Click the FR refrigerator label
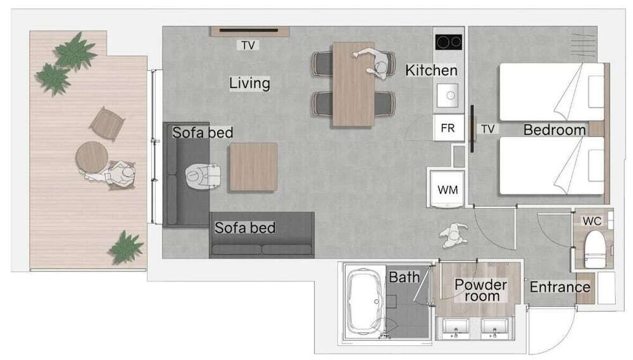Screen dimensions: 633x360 click(x=448, y=128)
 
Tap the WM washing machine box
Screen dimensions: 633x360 click(x=448, y=189)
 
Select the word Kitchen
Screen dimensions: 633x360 click(x=431, y=70)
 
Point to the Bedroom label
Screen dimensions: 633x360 click(x=555, y=130)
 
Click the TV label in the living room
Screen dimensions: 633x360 click(x=248, y=45)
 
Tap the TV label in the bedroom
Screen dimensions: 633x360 click(x=487, y=128)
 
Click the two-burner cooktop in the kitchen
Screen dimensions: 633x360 click(x=449, y=42)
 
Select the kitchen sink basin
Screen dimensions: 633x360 click(x=448, y=96)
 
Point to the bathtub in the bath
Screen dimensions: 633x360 click(x=365, y=301)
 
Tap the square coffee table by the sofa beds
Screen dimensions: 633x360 click(x=254, y=166)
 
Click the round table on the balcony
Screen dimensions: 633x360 click(x=92, y=158)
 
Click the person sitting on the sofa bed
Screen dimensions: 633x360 click(x=203, y=175)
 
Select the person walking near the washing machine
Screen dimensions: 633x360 click(x=454, y=235)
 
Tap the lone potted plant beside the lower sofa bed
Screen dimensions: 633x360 click(x=127, y=247)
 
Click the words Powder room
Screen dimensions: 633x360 click(x=481, y=290)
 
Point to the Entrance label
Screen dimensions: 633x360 click(x=560, y=287)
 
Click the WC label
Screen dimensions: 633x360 click(x=592, y=221)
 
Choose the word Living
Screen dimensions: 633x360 click(x=249, y=83)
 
